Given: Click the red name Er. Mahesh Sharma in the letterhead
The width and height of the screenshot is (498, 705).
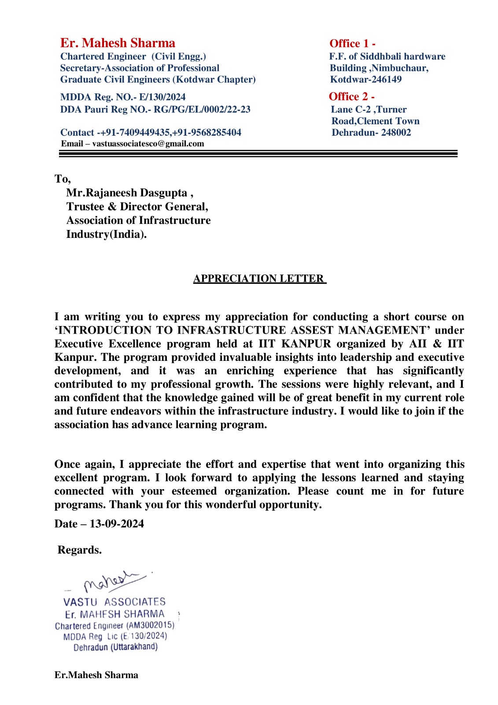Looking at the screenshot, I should pos(118,43).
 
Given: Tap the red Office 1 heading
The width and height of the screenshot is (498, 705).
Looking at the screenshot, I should pos(352,44).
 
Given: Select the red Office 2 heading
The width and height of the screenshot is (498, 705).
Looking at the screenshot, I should pos(351,96).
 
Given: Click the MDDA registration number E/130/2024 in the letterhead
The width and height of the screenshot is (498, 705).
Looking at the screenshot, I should pos(162,97).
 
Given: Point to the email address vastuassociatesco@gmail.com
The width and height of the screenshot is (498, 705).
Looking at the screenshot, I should pos(148,144).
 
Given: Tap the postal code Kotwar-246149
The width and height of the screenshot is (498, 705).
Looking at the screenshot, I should pos(366,80).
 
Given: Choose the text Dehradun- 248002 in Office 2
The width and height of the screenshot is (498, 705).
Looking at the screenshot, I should pos(371,133).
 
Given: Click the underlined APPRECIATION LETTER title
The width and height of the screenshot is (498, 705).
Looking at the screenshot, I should pos(259,279).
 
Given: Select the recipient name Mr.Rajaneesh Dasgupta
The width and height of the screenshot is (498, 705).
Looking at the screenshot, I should pos(127,193).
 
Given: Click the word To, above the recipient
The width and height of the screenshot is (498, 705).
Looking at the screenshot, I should pos(63,179).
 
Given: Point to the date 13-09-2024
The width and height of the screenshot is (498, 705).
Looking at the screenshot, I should pos(117,524).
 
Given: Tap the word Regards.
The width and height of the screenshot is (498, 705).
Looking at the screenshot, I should pos(80,550).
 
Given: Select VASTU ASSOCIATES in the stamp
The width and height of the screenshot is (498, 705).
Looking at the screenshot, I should pos(114,602).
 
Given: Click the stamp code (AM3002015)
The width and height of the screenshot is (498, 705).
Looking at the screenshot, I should pos(150,625).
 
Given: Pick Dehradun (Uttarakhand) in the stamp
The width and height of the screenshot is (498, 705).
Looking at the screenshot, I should pos(115,647).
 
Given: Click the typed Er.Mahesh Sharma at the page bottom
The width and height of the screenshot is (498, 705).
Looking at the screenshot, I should pos(96,675).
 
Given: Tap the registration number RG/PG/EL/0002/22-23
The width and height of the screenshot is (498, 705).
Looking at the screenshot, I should pos(202,110).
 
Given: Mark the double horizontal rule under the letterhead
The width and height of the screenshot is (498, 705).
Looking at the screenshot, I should pos(258,153).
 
